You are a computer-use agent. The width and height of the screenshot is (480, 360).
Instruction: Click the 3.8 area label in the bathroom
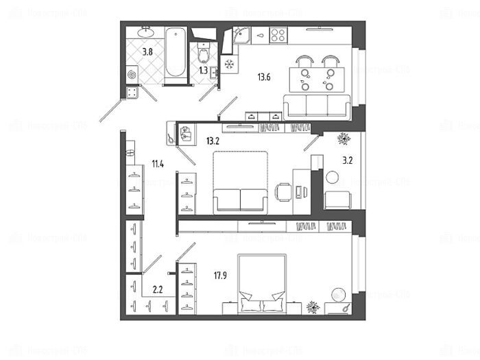coord(147,50)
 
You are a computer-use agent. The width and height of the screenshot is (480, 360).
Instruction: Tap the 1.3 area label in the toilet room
coord(204,69)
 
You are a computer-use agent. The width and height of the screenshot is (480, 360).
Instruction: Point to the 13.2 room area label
coord(213,141)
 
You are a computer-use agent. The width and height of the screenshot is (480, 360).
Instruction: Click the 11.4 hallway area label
coord(158,163)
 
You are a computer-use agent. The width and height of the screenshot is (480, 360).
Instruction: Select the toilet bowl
coord(204,51)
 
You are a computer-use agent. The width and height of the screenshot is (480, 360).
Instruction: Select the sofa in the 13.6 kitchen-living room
coord(317,106)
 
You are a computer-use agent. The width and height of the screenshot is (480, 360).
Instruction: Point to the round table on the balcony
coord(333,177)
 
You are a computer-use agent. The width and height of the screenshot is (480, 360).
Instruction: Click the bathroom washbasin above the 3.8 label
coord(145,32)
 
